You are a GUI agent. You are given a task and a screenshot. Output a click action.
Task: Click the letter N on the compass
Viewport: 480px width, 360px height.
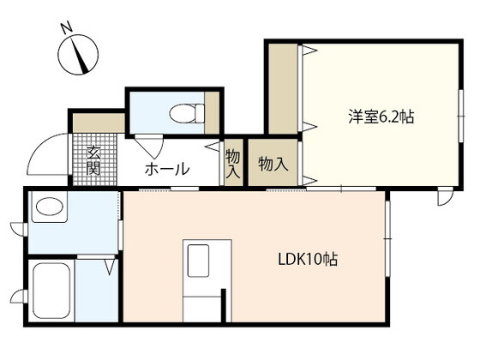tap(67, 27)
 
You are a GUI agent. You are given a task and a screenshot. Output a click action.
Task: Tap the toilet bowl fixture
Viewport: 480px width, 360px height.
tap(187, 113)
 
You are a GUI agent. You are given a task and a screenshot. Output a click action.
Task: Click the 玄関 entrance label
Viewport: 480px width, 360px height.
tap(93, 160)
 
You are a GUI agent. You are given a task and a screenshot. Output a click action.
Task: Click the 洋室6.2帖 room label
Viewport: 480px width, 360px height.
tap(381, 117)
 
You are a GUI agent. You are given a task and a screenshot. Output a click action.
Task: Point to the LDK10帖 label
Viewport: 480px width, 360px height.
tap(308, 260)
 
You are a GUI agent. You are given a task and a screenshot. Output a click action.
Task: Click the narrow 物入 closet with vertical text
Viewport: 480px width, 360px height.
tap(233, 162)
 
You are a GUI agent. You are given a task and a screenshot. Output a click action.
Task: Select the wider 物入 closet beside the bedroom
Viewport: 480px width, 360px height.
tap(273, 162)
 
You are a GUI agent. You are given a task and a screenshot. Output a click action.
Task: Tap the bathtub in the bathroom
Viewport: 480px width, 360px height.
tap(51, 291)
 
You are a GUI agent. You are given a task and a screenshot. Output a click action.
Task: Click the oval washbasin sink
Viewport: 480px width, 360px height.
tap(50, 206)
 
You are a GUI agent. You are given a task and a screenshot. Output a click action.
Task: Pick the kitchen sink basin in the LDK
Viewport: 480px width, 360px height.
tap(198, 261)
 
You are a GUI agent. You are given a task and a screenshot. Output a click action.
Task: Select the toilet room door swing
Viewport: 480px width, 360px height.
tap(150, 147)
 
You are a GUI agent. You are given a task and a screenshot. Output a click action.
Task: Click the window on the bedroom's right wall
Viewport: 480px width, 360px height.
tap(461, 116)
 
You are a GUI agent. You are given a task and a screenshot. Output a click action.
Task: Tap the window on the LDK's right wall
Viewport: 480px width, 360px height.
tap(387, 238)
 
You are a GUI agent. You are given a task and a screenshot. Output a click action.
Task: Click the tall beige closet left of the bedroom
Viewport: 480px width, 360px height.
tap(283, 89)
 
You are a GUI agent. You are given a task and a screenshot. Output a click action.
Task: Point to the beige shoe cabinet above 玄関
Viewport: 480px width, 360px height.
tap(99, 123)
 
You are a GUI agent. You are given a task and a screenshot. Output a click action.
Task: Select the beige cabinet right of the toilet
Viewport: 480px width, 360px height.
tap(212, 112)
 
